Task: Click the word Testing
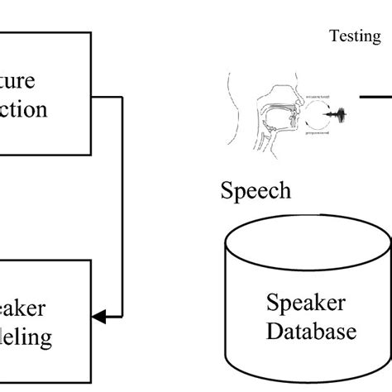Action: pyautogui.click(x=355, y=36)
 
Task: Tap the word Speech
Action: pyautogui.click(x=256, y=191)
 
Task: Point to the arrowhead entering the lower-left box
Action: pyautogui.click(x=98, y=316)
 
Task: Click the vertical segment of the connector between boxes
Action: pyautogui.click(x=122, y=207)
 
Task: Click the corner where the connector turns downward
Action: pyautogui.click(x=122, y=97)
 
